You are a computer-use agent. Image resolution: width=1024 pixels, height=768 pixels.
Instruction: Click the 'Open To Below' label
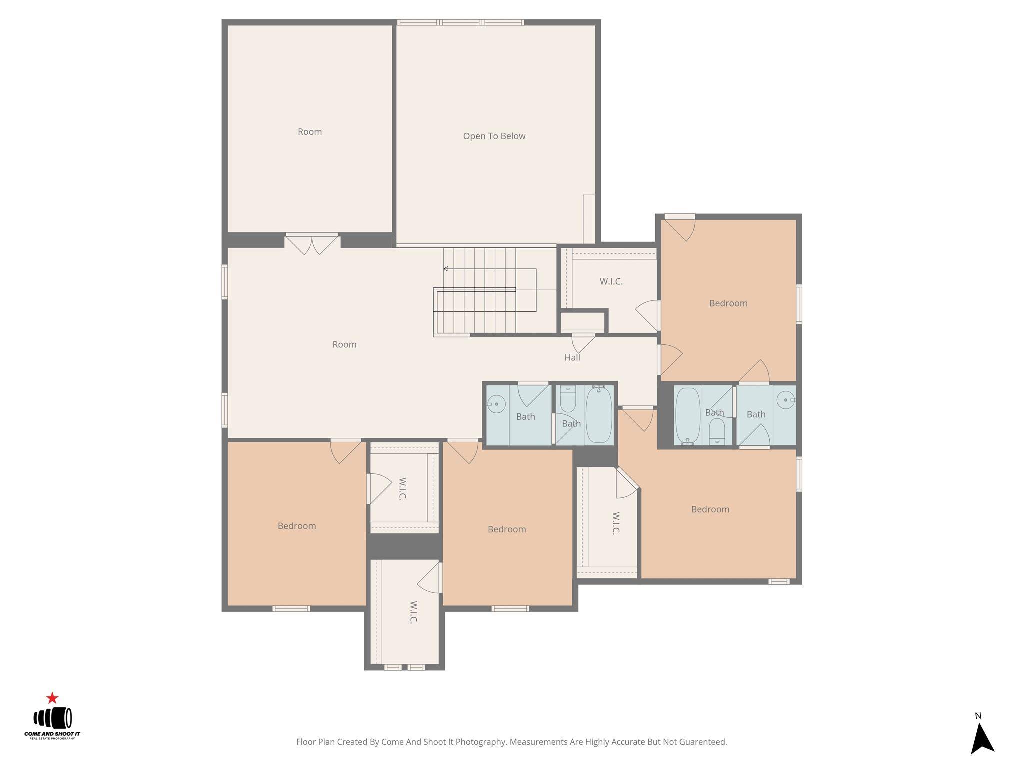pos(494,136)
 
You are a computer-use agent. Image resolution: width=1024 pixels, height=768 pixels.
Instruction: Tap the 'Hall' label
pos(572,357)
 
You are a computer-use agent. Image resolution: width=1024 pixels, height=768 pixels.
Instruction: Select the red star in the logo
pos(52,698)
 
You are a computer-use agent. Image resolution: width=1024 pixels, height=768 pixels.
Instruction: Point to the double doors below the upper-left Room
pos(312,243)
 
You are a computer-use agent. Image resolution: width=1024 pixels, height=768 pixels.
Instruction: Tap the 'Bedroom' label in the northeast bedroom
pos(728,303)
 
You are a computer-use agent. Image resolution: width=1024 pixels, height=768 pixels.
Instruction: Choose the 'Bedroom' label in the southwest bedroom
pos(297,526)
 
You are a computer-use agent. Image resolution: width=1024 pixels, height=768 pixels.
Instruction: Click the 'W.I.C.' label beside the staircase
pos(611,282)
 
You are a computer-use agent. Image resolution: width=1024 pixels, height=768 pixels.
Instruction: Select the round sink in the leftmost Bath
pos(495,404)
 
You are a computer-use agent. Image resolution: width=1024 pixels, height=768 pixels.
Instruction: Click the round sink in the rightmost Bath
pos(786,400)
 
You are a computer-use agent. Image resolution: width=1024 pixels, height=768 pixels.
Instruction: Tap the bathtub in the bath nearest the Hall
pos(599,415)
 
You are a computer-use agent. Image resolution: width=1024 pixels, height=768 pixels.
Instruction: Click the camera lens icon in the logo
pos(53,718)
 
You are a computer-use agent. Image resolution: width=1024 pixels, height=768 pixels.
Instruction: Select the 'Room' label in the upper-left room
pos(310,132)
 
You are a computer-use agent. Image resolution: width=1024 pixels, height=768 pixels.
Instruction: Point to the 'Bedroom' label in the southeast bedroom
pos(710,509)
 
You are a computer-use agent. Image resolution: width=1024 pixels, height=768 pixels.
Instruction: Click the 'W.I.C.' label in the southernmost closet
pos(413,612)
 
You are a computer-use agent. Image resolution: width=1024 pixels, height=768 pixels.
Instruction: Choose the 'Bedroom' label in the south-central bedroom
pos(507,529)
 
